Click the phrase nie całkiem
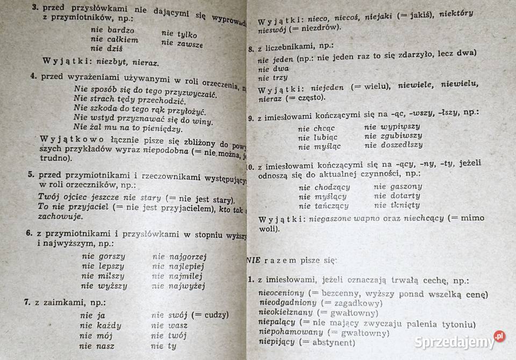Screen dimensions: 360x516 point(114,39)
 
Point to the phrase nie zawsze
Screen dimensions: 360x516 point(182,44)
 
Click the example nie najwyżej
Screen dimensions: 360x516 point(178,286)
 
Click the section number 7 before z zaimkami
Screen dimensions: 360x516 point(26,302)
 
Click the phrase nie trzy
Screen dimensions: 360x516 point(273,78)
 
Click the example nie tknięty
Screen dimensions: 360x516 point(397,205)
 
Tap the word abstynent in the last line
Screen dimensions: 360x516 point(331,342)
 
